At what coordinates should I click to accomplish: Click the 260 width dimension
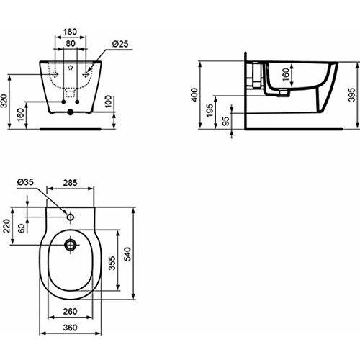(69, 312)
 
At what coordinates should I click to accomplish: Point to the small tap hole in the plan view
(71, 216)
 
